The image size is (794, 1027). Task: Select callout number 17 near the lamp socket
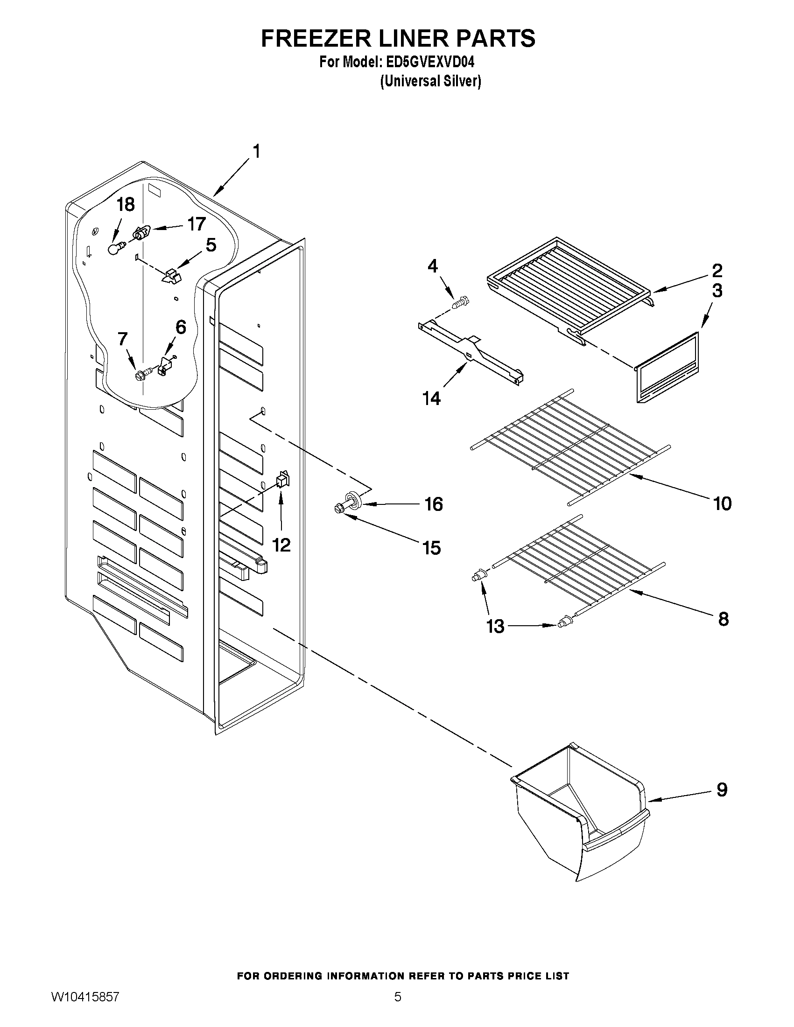coord(196,224)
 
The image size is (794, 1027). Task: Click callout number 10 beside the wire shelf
coord(722,503)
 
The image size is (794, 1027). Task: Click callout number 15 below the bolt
coord(431,548)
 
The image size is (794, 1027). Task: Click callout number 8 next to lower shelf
coord(723,619)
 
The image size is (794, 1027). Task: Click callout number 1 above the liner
coord(256,152)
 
